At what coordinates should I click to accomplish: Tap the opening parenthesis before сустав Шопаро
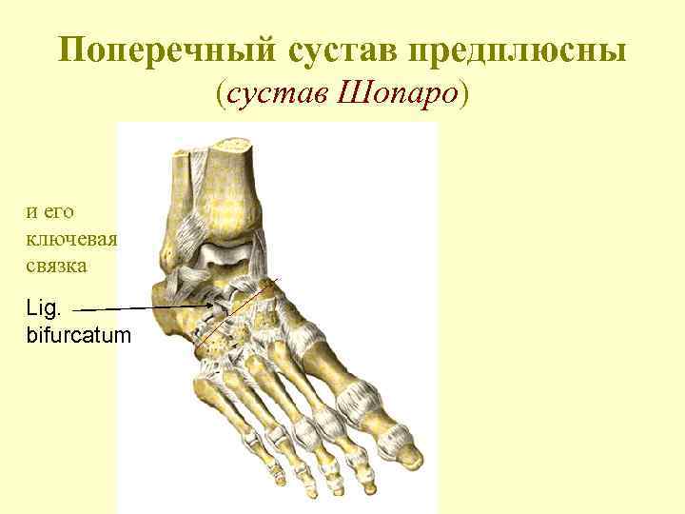pos(222,93)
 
